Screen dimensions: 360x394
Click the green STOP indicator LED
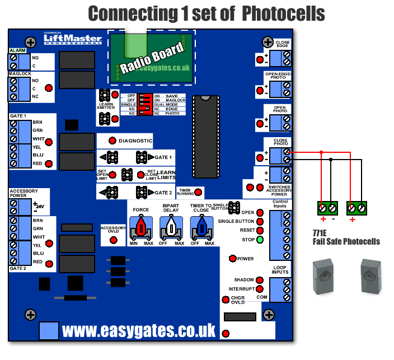click(x=260, y=240)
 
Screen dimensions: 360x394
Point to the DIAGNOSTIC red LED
click(x=112, y=141)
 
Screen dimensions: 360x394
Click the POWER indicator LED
click(x=233, y=259)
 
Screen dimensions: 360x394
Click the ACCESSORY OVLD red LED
click(x=113, y=240)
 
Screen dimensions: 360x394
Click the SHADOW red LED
click(x=259, y=279)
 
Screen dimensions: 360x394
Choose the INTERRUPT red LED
click(x=259, y=289)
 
